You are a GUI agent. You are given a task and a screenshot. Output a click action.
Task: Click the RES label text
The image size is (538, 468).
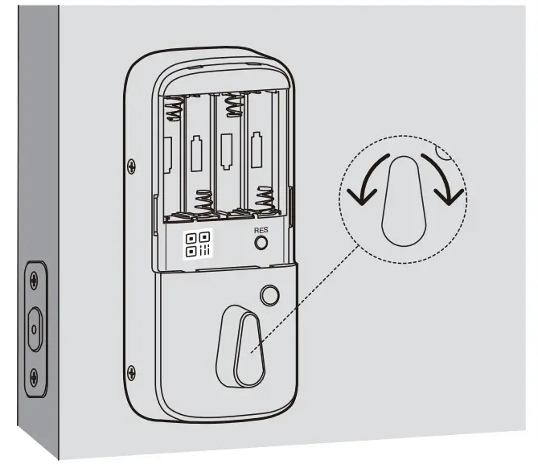point(260,230)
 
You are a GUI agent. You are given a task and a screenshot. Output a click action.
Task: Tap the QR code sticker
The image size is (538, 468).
point(199,244)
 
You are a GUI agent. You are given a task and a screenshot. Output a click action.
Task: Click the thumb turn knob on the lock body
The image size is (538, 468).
point(240,343)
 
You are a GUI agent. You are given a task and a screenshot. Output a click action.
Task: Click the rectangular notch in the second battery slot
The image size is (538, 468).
point(196,152)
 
